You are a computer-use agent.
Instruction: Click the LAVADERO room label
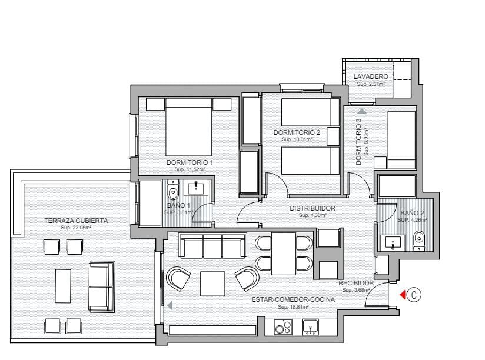[x=371, y=77]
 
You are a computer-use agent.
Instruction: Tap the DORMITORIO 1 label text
[x=190, y=162]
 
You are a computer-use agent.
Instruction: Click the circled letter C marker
[x=414, y=295]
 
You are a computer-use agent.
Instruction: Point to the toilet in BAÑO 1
[x=173, y=191]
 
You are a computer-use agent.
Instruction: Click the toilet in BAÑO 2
[x=419, y=239]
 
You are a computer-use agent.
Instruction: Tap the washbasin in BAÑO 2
[x=393, y=242]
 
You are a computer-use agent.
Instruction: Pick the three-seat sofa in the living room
[x=212, y=245]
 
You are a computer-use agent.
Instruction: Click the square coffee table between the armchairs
[x=212, y=283]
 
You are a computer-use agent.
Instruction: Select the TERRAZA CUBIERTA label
[x=76, y=221]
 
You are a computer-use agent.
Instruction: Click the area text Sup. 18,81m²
[x=293, y=307]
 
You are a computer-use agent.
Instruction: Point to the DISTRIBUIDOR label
[x=313, y=208]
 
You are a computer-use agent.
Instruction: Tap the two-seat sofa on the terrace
[x=101, y=287]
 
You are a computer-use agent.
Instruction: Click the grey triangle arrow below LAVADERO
[x=362, y=110]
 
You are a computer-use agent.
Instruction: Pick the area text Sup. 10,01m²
[x=296, y=140]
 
